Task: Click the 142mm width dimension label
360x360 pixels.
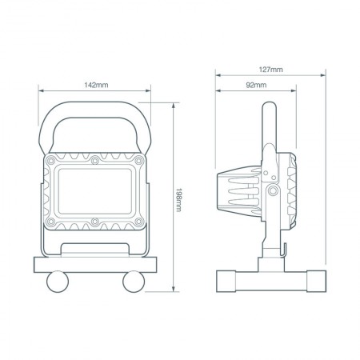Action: coord(96,85)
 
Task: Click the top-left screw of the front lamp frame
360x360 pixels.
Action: coord(51,162)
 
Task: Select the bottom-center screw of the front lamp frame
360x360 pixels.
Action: coord(95,220)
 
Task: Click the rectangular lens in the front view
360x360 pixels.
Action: coord(95,190)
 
